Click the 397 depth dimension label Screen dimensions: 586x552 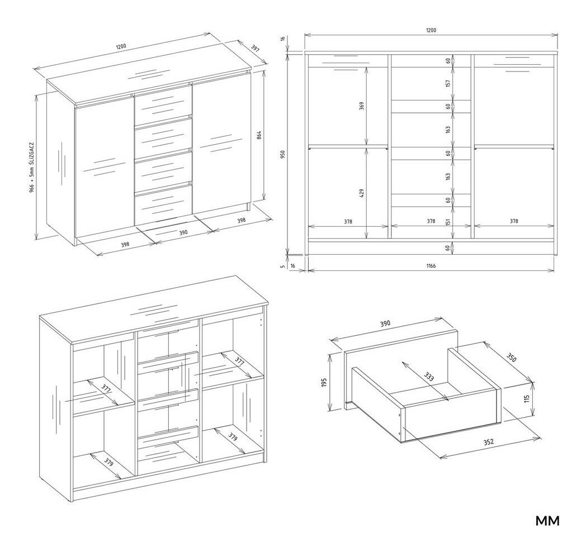(255, 48)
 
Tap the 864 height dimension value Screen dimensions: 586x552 (259, 135)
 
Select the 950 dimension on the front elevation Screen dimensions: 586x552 (283, 154)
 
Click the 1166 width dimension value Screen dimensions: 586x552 (431, 265)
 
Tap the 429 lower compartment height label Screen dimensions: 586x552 (361, 193)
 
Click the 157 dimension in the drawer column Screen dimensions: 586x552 (448, 83)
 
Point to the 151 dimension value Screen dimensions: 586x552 (448, 221)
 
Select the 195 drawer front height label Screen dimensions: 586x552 (324, 382)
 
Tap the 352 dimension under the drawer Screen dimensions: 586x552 (489, 442)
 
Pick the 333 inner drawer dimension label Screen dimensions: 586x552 (429, 377)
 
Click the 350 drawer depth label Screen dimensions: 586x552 (511, 358)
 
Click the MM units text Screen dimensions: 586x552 (547, 521)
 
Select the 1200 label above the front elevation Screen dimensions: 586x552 (431, 30)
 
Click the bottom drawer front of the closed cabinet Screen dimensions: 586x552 (163, 204)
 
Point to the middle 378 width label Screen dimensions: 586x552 (431, 221)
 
